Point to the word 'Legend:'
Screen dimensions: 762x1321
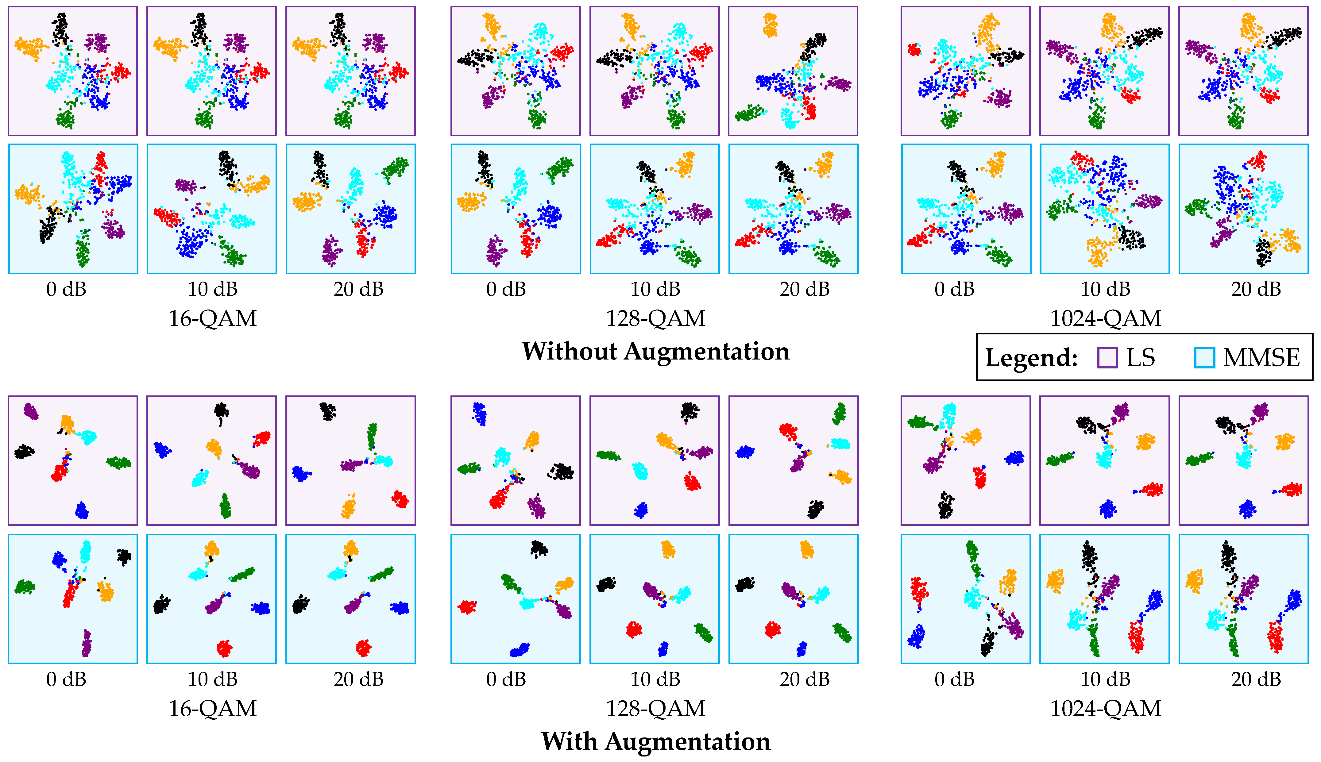point(1031,358)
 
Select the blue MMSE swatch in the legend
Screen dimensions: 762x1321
point(1204,358)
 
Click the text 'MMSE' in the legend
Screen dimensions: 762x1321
point(1261,358)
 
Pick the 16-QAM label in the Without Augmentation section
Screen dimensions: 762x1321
point(212,318)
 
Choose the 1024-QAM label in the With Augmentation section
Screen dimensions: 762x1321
point(1105,709)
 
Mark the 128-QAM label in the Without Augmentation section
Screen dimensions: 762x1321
point(655,318)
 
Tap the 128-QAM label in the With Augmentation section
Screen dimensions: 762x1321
point(655,709)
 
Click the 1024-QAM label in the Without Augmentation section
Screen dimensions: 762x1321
point(1105,318)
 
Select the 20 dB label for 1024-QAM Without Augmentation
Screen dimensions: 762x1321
point(1256,289)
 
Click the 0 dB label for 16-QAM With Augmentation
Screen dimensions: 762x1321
point(66,679)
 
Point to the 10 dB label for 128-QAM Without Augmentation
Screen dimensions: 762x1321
point(655,289)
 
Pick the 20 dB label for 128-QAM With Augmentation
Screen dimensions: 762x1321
point(805,679)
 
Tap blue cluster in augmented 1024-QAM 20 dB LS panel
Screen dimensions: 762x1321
point(1247,509)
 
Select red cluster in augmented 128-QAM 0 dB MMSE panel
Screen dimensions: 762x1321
point(467,607)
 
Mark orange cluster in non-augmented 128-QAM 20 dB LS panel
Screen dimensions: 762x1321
point(770,25)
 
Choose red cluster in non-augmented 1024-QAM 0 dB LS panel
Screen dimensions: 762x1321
point(914,50)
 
